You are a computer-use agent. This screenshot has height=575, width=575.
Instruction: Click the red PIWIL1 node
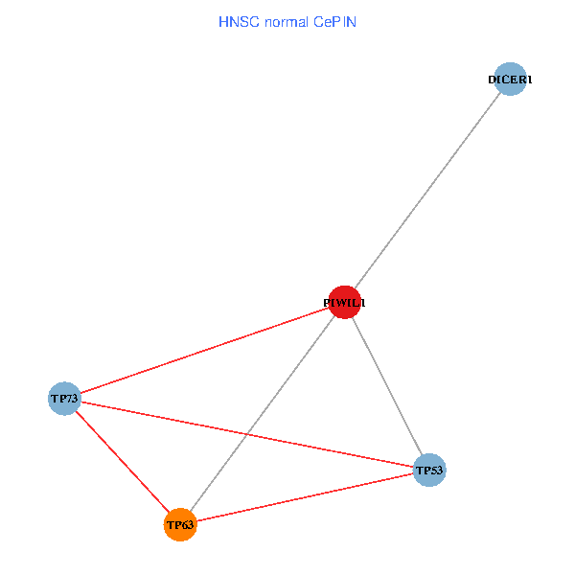tap(344, 302)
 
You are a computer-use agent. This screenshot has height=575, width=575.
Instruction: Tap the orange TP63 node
tap(180, 525)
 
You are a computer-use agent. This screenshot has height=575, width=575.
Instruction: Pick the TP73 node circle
tap(64, 398)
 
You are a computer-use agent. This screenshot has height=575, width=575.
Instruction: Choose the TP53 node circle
tap(430, 470)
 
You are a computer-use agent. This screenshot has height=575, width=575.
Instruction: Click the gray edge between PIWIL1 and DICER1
tap(427, 191)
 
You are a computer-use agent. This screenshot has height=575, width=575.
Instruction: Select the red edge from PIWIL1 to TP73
tap(204, 350)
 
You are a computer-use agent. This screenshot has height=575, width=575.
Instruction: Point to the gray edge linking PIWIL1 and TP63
tap(278, 392)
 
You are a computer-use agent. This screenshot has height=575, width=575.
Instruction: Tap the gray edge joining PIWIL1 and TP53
tap(387, 385)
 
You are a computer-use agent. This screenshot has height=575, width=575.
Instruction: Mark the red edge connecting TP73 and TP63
tap(122, 461)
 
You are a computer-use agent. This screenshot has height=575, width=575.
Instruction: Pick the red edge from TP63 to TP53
tap(305, 497)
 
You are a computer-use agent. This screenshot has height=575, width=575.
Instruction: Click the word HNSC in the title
tap(235, 21)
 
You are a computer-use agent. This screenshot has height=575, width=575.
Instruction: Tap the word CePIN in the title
tap(334, 21)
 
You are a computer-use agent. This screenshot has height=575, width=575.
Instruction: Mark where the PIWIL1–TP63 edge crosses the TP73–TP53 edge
tap(248, 433)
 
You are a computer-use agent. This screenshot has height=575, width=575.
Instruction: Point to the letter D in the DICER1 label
tap(493, 80)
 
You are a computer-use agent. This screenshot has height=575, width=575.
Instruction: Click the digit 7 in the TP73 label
tap(69, 398)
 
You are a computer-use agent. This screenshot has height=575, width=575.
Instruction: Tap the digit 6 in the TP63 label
tap(185, 525)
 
